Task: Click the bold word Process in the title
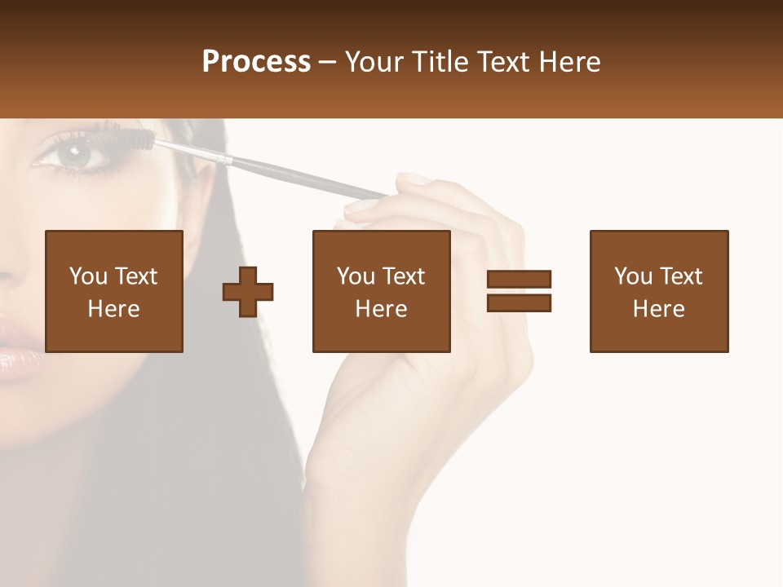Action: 256,62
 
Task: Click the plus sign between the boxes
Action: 248,292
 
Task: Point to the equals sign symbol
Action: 519,291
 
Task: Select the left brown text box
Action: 114,291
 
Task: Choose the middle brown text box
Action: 381,291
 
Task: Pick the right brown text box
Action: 658,291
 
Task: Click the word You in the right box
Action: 633,276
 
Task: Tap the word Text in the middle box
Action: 403,276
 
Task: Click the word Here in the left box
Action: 114,309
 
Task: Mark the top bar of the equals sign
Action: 519,280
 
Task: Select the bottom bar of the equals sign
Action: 519,302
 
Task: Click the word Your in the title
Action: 376,62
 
